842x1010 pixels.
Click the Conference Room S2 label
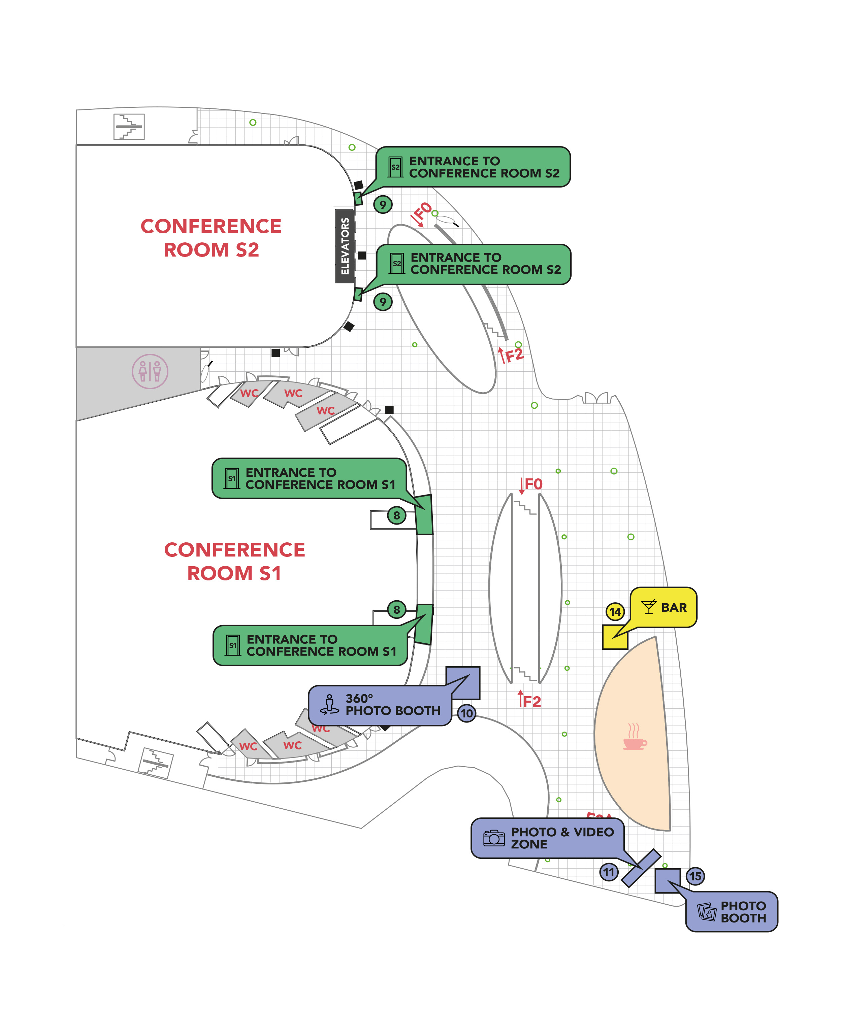pos(211,238)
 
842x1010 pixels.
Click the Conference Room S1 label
pos(234,561)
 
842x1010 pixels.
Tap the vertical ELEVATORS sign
pos(345,246)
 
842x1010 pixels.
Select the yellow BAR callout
pos(664,607)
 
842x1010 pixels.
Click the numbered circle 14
pos(615,612)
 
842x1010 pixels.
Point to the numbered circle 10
pos(466,713)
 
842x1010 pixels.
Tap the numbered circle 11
pos(609,872)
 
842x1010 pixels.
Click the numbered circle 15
pos(695,876)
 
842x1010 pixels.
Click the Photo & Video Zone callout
pos(548,838)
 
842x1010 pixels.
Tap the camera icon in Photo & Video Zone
pos(494,838)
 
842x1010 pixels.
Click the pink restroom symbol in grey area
pos(150,371)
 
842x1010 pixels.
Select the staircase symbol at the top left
pos(129,127)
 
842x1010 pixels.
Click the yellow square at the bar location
pos(615,637)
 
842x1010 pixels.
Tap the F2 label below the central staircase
pos(530,700)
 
